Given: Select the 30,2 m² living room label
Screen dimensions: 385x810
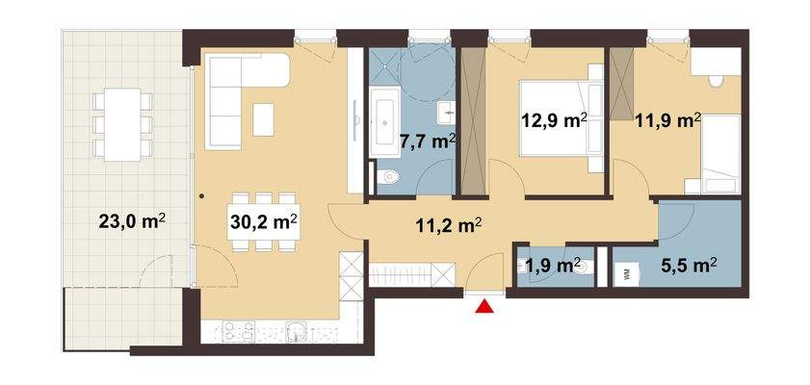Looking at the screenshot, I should (262, 220).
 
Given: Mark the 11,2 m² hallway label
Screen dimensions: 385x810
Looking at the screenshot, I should (448, 226).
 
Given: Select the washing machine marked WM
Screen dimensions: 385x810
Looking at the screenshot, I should (627, 273).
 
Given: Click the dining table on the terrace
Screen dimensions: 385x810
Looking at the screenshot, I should (121, 124).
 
